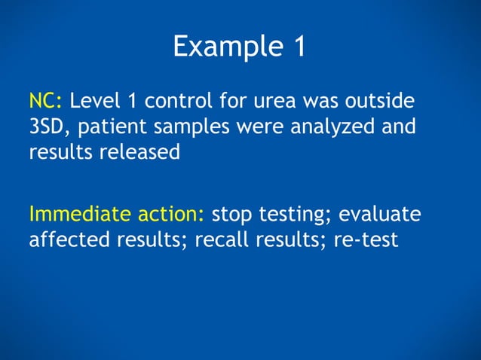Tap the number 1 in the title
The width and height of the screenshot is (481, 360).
[298, 47]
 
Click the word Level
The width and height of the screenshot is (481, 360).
[97, 101]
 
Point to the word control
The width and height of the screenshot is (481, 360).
[185, 101]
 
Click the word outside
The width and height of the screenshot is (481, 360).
[386, 101]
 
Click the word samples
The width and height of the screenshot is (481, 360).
[198, 127]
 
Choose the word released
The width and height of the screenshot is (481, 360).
[139, 151]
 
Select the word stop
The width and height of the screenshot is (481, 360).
[233, 215]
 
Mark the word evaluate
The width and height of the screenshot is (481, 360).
[380, 215]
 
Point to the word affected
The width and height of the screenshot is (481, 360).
[68, 241]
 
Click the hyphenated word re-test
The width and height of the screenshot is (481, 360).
[360, 241]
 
